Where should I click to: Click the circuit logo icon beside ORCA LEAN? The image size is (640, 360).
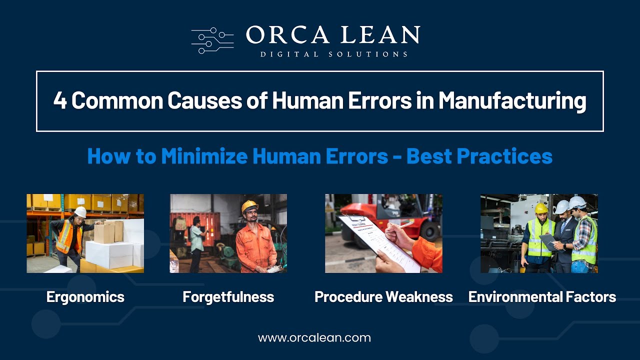pyautogui.click(x=212, y=40)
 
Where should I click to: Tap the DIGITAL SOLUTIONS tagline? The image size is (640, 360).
pyautogui.click(x=333, y=54)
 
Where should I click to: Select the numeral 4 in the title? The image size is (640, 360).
pyautogui.click(x=60, y=100)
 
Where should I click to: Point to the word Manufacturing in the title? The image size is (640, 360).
pyautogui.click(x=512, y=100)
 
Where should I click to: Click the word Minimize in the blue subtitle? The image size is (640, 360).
pyautogui.click(x=205, y=156)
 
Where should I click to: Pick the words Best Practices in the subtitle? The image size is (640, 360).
pyautogui.click(x=479, y=156)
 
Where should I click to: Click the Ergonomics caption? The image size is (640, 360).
pyautogui.click(x=85, y=297)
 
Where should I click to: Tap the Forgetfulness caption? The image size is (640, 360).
pyautogui.click(x=228, y=297)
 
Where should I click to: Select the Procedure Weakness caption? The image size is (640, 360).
pyautogui.click(x=383, y=297)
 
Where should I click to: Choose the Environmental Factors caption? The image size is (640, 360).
pyautogui.click(x=542, y=297)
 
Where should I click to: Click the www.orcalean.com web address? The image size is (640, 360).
pyautogui.click(x=314, y=337)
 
